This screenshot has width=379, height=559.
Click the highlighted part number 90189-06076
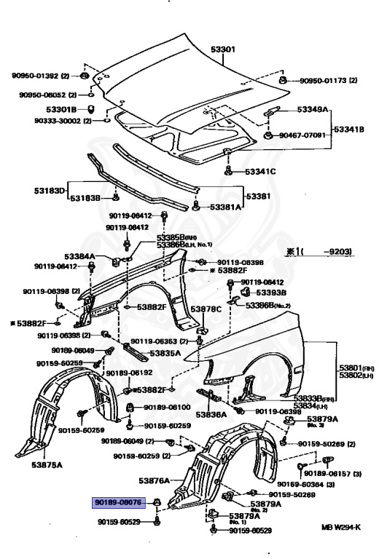tap(120, 502)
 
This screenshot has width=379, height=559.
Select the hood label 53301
tap(222, 49)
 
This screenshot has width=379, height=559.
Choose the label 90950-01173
tap(323, 80)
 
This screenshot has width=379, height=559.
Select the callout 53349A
tap(313, 110)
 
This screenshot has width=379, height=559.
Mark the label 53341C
tap(259, 172)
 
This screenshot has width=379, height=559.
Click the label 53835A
tap(165, 354)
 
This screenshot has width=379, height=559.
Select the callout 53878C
tap(206, 309)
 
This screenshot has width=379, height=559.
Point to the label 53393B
tap(270, 292)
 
